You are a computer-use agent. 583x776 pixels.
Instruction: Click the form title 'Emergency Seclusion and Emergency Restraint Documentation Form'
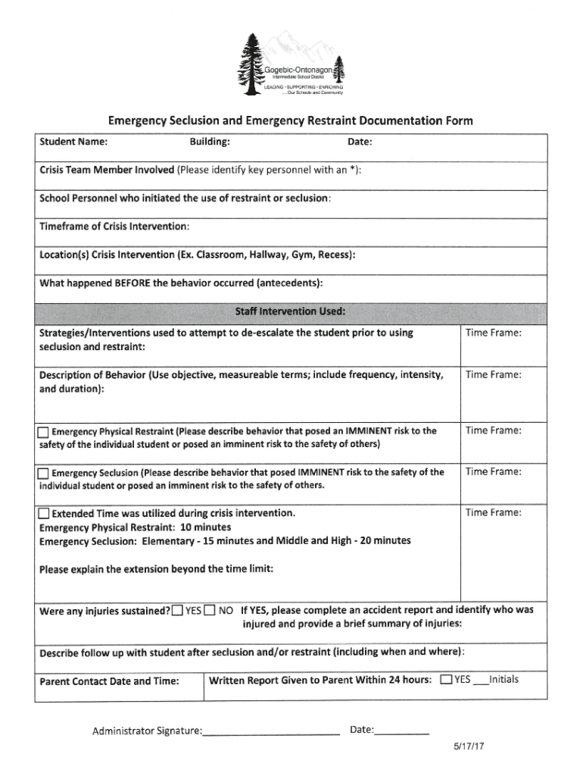tap(291, 120)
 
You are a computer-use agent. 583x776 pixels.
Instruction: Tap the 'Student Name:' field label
tap(73, 142)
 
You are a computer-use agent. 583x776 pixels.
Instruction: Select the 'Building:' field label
tap(210, 142)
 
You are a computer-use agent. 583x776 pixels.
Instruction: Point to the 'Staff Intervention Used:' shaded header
tap(291, 311)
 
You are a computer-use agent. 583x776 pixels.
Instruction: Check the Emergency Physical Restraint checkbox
tap(44, 433)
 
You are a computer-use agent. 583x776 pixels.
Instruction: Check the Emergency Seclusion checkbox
tap(44, 474)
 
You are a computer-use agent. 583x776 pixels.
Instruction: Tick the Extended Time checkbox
tap(44, 514)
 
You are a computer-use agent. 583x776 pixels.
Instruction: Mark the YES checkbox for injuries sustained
tap(176, 611)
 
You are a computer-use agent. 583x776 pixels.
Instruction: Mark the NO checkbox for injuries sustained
tap(209, 611)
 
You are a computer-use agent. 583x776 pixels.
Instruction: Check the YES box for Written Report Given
tap(446, 679)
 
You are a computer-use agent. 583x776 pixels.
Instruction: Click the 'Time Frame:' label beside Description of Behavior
tap(493, 374)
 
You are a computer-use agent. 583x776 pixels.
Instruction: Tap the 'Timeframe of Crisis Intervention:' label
tap(114, 227)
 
